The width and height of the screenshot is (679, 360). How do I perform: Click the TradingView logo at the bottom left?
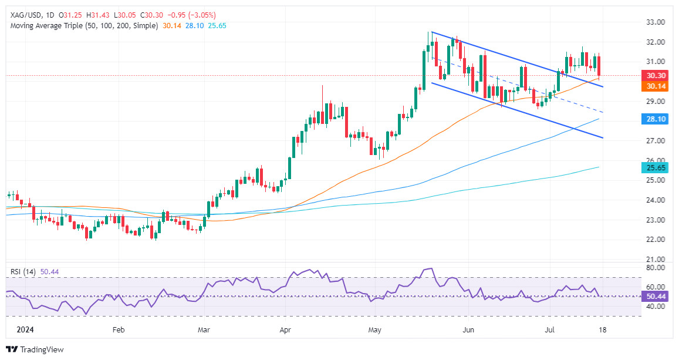(x=35, y=349)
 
